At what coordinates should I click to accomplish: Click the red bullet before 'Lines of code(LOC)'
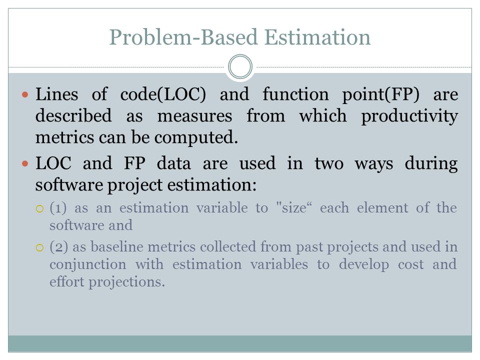(x=25, y=94)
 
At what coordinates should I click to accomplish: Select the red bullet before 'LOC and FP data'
(x=25, y=164)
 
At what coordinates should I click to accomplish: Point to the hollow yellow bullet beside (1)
(x=40, y=209)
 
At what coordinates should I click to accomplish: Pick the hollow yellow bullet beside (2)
(x=40, y=247)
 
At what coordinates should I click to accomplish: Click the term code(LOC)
(x=163, y=94)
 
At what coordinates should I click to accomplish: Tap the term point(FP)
(x=380, y=94)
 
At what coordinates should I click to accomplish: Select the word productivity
(x=409, y=116)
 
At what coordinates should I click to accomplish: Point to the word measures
(x=194, y=117)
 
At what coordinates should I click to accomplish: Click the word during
(x=431, y=163)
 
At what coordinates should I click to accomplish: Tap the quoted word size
(x=293, y=208)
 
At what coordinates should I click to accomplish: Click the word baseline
(x=116, y=246)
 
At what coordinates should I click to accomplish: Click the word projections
(x=126, y=282)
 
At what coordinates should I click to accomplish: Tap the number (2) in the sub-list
(x=59, y=246)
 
